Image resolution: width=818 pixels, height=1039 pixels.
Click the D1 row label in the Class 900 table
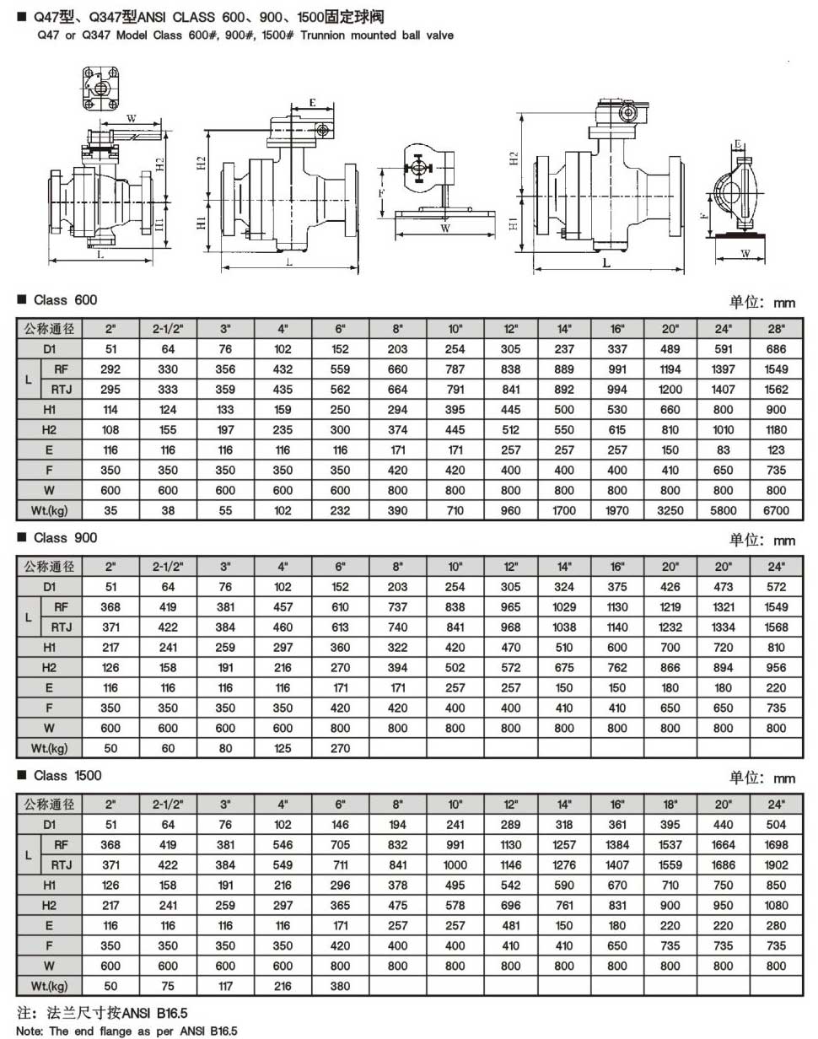50,586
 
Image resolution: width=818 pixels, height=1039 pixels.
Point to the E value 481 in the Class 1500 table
510,924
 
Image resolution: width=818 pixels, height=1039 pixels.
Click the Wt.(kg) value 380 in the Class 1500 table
341,985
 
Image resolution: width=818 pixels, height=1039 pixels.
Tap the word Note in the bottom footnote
29,1031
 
